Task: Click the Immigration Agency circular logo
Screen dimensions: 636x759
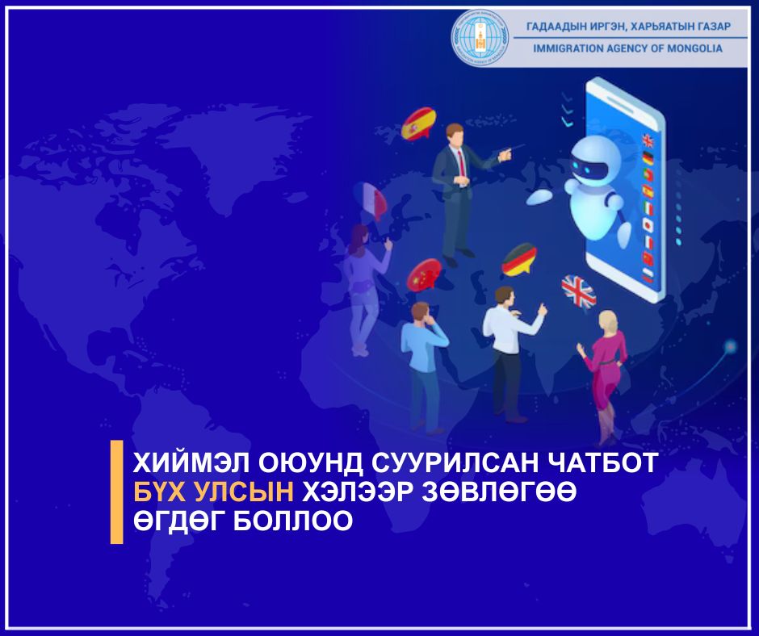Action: [x=481, y=37]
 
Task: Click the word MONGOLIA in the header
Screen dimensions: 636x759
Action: [x=691, y=48]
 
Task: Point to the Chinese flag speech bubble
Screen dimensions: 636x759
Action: [x=424, y=275]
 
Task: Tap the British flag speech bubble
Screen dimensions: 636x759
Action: [x=578, y=291]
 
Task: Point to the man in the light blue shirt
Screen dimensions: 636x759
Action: [x=423, y=363]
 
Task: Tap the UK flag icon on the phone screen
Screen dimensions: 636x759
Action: [x=647, y=140]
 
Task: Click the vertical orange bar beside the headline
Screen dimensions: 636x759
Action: [x=116, y=492]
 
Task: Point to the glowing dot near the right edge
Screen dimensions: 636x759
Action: [x=731, y=347]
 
